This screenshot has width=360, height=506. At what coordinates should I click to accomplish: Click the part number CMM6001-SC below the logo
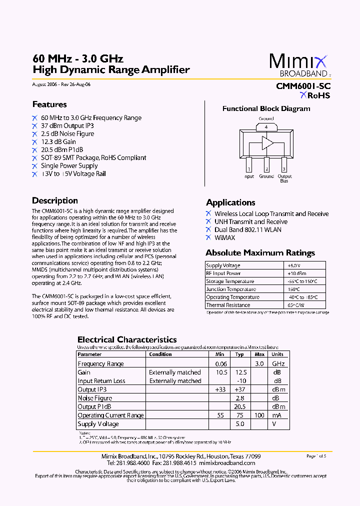click(303, 86)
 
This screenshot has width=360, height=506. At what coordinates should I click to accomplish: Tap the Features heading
click(49, 104)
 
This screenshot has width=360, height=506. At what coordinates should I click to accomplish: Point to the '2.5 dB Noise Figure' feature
click(67, 134)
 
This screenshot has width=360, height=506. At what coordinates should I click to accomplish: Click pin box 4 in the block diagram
click(266, 127)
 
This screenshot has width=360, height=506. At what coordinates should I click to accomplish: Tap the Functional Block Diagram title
click(266, 108)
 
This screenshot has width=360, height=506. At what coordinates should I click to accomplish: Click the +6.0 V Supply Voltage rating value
click(293, 265)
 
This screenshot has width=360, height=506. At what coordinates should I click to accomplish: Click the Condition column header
click(160, 354)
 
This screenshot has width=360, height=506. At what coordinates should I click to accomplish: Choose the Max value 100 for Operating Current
click(259, 415)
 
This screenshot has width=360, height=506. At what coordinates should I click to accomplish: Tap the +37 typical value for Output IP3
click(240, 389)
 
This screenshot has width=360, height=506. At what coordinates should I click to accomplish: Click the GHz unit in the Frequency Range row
click(278, 363)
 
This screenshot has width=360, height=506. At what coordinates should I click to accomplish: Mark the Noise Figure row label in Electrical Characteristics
click(95, 398)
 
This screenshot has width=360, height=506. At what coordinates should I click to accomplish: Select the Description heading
click(55, 200)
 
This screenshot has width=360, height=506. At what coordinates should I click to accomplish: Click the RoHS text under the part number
click(318, 95)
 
